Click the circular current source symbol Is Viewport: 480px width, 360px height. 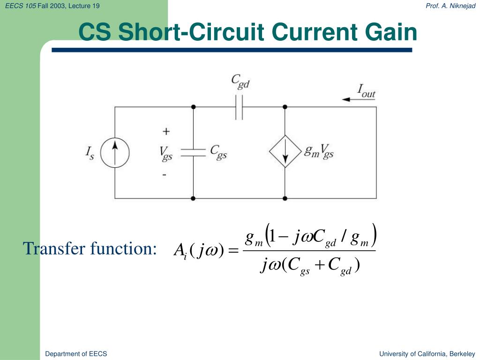115,152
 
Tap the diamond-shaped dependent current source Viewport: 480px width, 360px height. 285,151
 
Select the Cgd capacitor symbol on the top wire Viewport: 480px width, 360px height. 239,107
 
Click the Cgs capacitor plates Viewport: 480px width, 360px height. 193,152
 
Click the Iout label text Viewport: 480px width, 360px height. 366,91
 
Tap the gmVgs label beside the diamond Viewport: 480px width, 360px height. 319,151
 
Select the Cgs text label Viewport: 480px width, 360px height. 218,152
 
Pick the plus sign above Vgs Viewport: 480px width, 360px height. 166,131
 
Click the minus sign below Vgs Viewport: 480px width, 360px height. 165,175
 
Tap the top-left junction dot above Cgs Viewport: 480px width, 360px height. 193,107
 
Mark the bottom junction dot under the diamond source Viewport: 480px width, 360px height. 285,198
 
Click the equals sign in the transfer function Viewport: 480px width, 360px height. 233,251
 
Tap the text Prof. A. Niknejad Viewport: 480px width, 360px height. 450,6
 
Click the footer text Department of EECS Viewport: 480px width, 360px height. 76,354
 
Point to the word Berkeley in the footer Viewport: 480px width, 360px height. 463,354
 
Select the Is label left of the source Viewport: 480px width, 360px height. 90,153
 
